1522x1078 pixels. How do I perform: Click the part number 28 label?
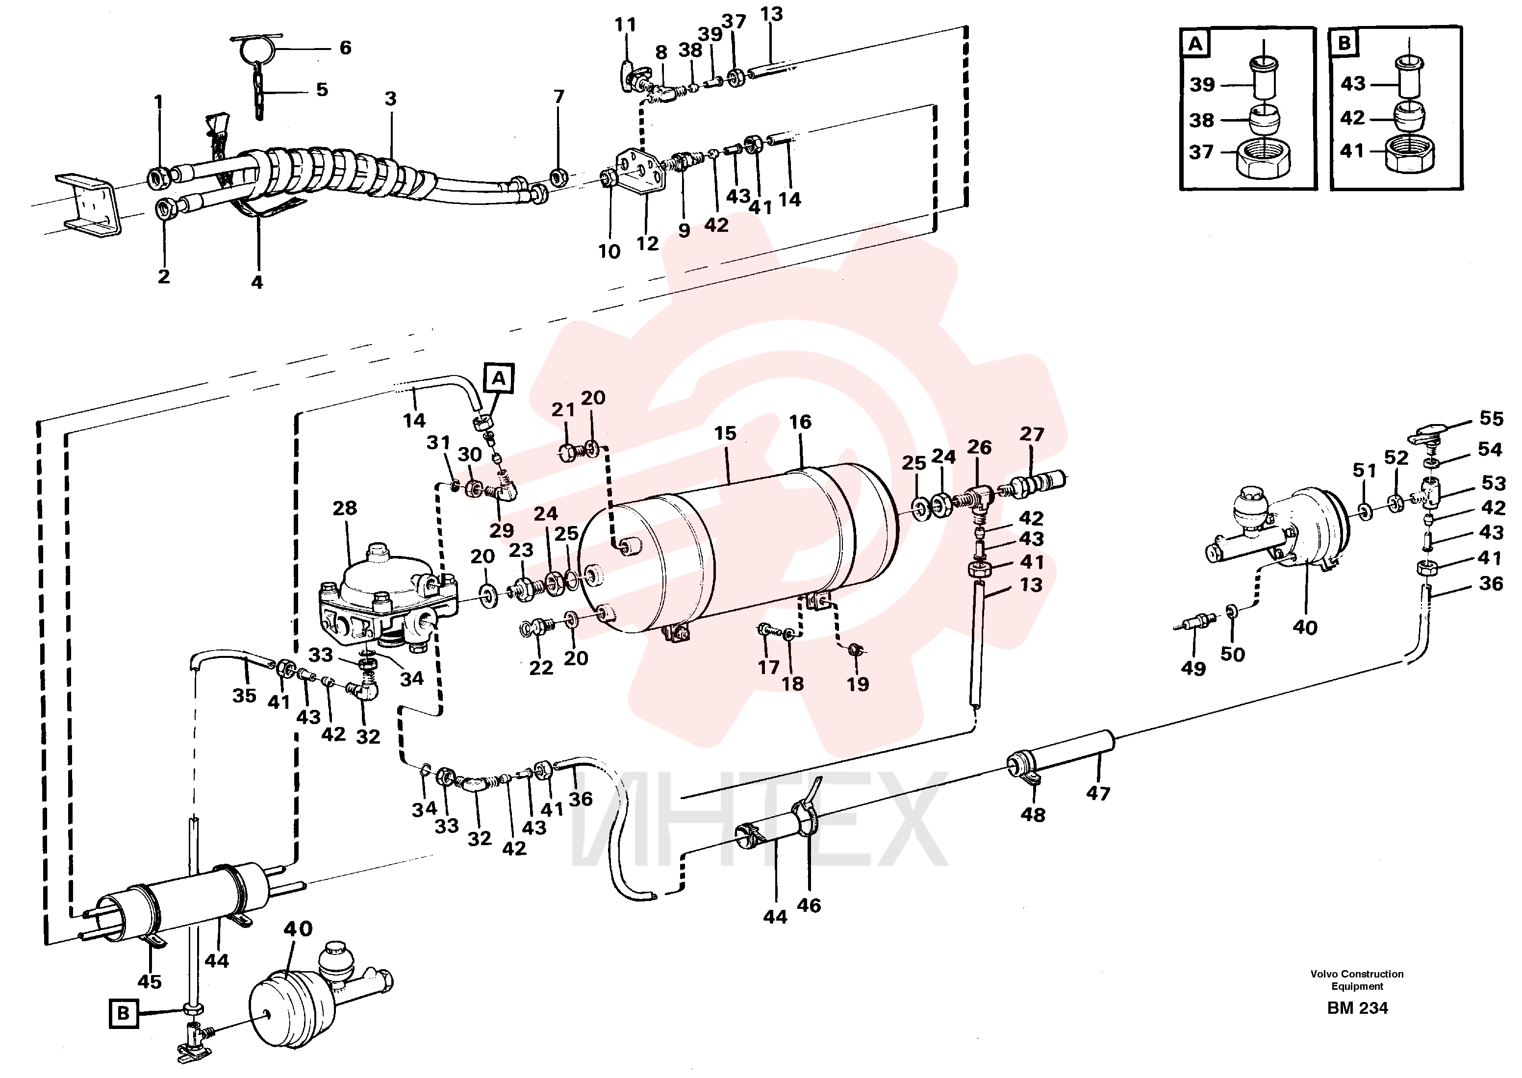point(345,508)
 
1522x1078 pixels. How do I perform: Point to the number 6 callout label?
point(345,48)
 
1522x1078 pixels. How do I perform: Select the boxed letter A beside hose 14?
point(499,378)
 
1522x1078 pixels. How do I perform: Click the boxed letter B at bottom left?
point(124,1014)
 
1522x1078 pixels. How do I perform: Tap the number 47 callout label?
point(1098,793)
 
